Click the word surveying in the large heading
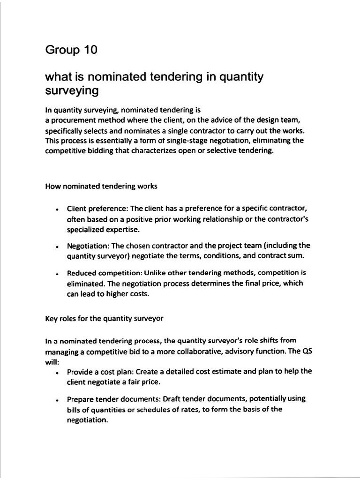point(72,90)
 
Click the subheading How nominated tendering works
point(101,186)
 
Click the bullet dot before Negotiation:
point(56,246)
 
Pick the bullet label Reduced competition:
point(105,273)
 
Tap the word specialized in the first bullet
point(87,230)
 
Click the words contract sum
point(282,255)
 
